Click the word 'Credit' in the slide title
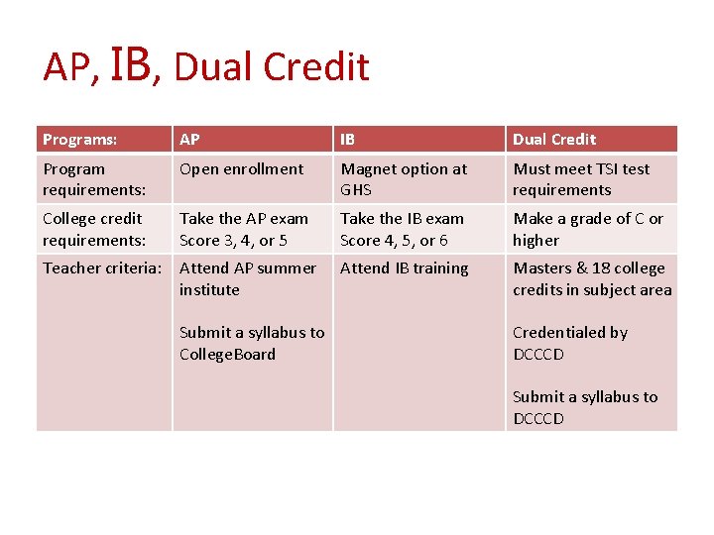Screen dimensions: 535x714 tap(323, 67)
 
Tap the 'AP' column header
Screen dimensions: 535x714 tap(189, 139)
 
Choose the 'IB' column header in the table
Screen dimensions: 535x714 tap(348, 139)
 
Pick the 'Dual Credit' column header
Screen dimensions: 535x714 tap(554, 139)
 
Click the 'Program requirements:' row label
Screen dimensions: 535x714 tap(93, 179)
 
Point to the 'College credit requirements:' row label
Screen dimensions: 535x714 tap(93, 229)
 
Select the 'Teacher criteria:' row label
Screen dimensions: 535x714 tap(102, 267)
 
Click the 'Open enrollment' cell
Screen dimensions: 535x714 tap(241, 168)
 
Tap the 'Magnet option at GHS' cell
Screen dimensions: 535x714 tap(403, 179)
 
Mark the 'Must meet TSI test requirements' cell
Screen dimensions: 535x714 tap(581, 179)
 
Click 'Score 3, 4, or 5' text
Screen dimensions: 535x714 tap(233, 240)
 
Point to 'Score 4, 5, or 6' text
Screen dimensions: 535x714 tap(394, 240)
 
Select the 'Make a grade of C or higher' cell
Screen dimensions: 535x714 tap(587, 229)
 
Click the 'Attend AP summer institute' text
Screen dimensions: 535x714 tap(247, 278)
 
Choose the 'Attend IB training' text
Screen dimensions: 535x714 tap(404, 267)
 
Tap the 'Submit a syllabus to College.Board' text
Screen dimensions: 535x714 tap(251, 343)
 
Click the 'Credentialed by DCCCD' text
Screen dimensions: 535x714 tap(569, 343)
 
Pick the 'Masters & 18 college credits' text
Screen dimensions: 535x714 tap(591, 278)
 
